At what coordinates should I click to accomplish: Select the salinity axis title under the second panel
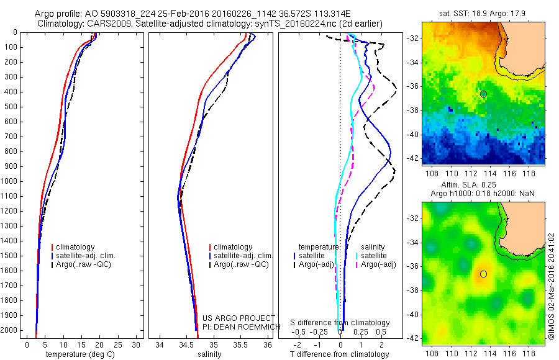tap(209, 354)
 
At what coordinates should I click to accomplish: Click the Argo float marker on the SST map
tap(483, 94)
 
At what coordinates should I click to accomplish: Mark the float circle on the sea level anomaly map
tap(483, 274)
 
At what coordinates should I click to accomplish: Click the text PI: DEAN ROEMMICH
tap(239, 326)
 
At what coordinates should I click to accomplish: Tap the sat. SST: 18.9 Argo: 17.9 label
tap(483, 12)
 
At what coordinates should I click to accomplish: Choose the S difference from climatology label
tap(340, 323)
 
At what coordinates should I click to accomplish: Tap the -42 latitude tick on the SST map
tap(412, 158)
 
